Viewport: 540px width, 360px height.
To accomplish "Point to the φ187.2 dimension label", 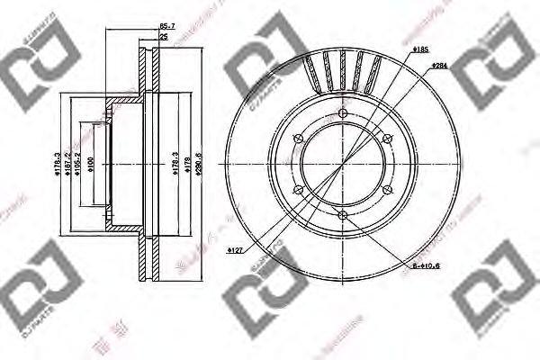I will coord(66,163).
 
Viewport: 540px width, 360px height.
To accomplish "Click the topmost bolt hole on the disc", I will coord(343,112).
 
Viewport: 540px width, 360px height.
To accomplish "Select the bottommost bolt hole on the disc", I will coord(343,214).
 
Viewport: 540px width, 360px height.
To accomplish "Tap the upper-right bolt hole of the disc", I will coord(387,138).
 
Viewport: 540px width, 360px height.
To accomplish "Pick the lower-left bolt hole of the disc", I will coord(299,189).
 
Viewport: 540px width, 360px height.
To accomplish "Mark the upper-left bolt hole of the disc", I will coord(299,138).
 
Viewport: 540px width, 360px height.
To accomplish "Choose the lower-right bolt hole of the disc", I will coord(387,189).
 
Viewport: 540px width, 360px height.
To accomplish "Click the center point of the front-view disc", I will coord(343,163).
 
